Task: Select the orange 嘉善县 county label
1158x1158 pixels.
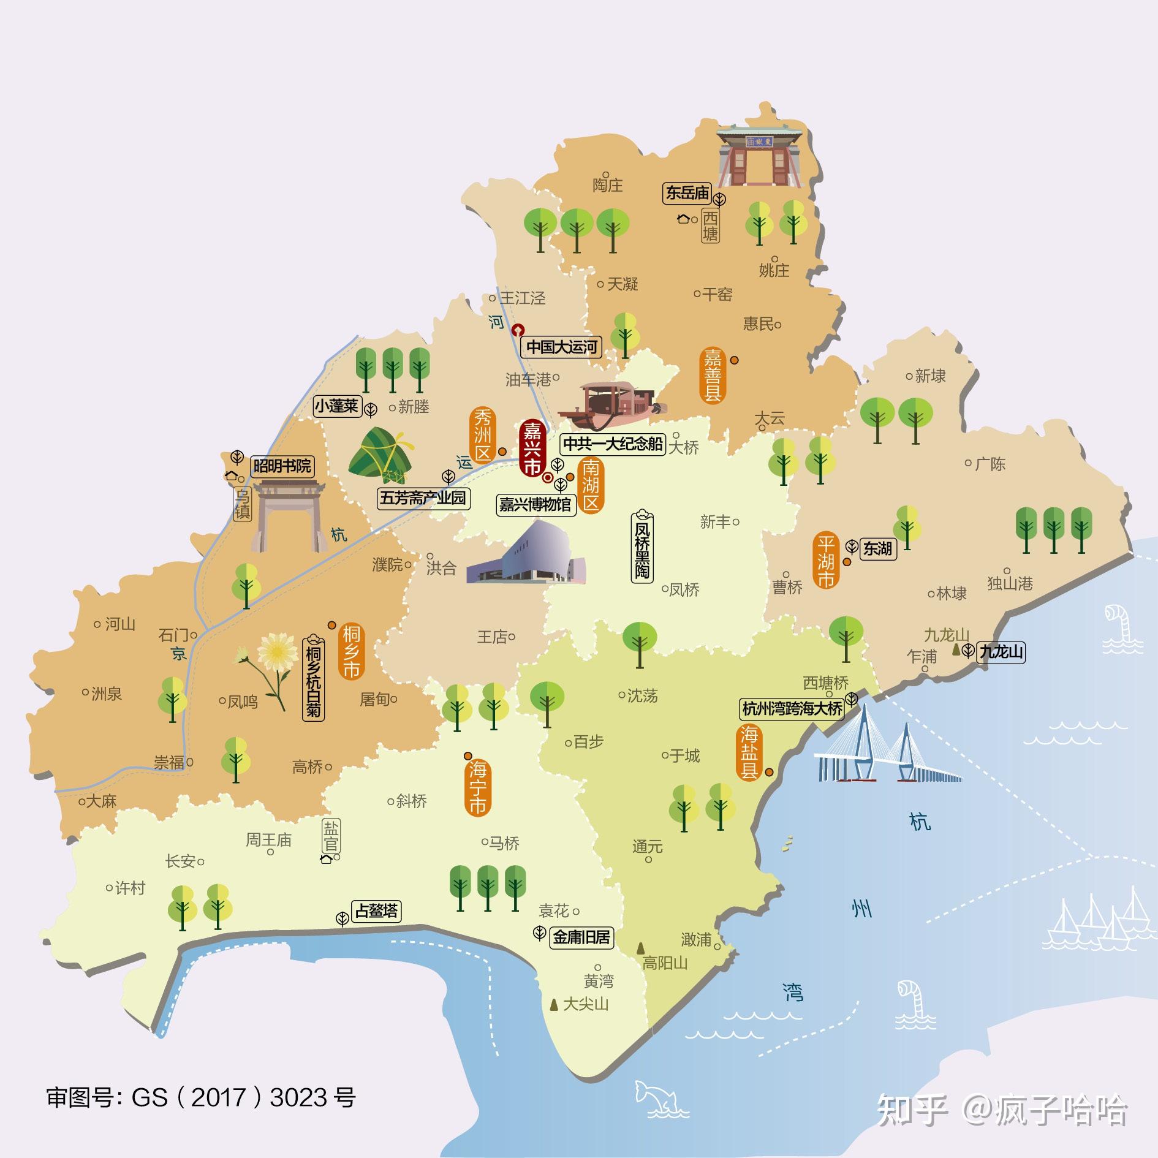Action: [713, 374]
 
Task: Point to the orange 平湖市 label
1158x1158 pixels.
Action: [826, 561]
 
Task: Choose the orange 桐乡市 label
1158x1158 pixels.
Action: [351, 651]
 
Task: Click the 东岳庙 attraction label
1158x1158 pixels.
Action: [687, 193]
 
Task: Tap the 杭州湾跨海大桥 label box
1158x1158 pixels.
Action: [792, 709]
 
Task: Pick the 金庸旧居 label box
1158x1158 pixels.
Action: [581, 937]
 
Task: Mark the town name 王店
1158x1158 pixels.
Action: [493, 637]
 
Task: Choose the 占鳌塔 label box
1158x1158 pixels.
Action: [376, 910]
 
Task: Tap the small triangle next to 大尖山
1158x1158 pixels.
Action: [554, 1004]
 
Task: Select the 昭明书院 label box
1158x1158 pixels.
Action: [282, 466]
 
